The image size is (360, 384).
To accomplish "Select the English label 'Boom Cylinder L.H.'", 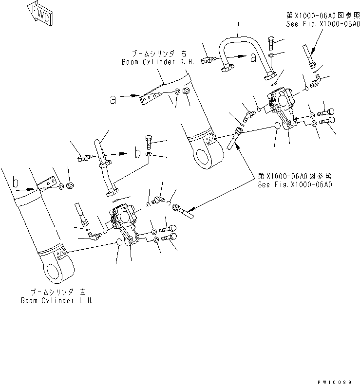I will (57, 300).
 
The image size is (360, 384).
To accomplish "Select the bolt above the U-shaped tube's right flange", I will (272, 41).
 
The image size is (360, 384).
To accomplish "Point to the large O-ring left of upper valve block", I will (277, 126).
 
